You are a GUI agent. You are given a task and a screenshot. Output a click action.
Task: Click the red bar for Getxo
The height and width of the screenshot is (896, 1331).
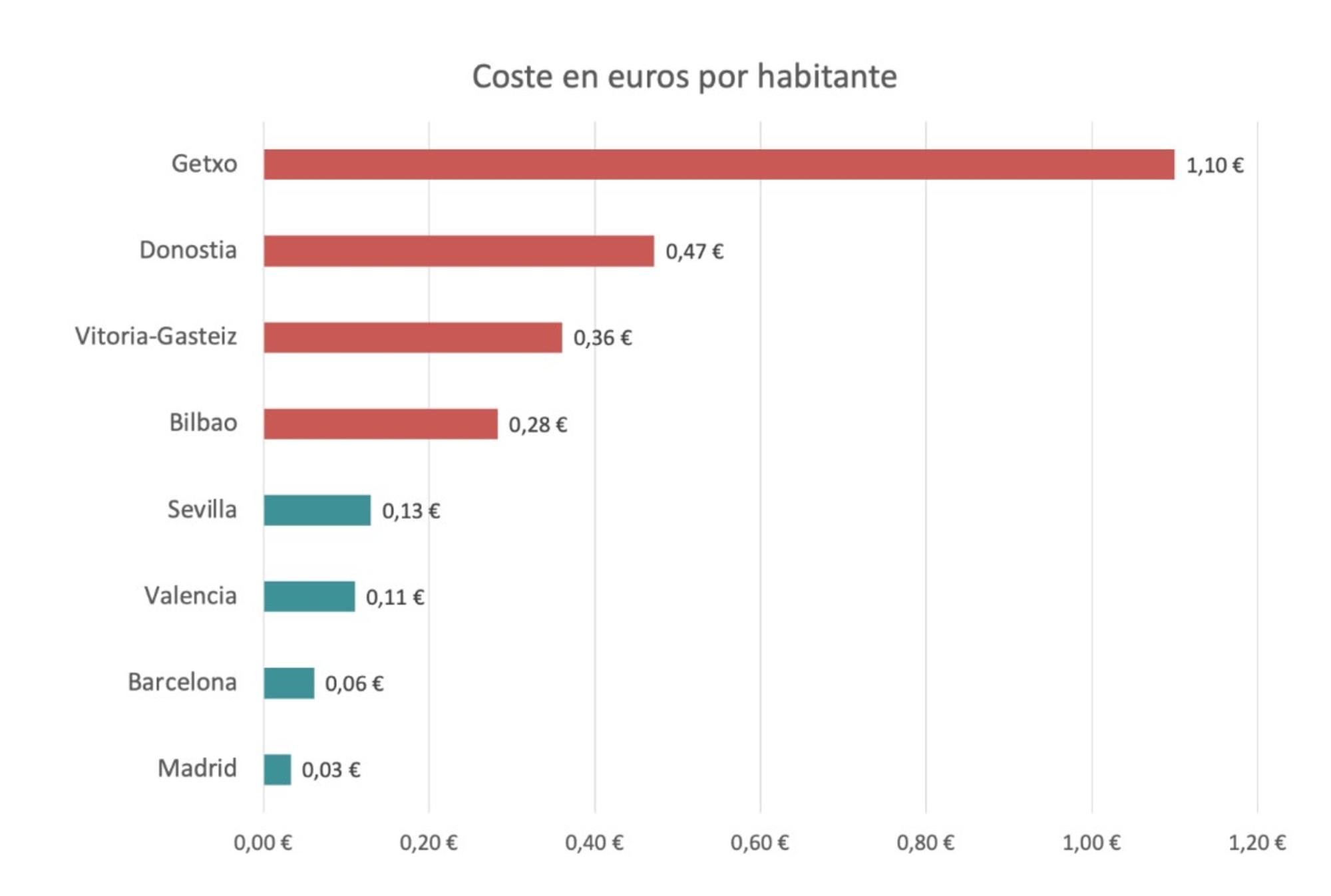tap(719, 164)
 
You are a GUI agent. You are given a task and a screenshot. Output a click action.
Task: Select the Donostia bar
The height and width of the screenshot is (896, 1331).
tap(459, 251)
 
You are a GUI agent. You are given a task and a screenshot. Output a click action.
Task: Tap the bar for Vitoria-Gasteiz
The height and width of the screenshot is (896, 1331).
tap(413, 337)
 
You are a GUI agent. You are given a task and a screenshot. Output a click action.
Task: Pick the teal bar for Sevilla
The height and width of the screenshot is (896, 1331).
tap(317, 510)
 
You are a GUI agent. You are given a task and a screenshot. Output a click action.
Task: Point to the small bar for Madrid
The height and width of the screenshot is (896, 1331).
tap(277, 770)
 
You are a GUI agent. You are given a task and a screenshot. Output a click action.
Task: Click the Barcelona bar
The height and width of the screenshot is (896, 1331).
tap(289, 683)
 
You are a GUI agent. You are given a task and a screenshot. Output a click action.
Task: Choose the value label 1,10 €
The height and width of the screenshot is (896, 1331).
tap(1215, 165)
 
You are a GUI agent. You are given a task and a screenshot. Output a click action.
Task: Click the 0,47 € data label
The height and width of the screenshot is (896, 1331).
tap(694, 251)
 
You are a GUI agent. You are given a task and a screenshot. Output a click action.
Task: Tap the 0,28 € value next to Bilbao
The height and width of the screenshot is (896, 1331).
tap(537, 424)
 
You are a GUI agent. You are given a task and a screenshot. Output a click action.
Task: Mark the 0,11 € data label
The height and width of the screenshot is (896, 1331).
tap(395, 597)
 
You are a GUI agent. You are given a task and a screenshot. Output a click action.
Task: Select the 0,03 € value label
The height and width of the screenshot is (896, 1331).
tap(331, 770)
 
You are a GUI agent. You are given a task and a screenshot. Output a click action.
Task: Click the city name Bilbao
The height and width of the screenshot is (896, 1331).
tap(203, 423)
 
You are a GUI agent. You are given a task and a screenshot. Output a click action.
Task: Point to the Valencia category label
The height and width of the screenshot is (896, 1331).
tap(190, 596)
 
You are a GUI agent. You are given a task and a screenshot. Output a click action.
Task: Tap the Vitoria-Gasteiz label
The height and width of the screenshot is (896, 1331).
tap(156, 337)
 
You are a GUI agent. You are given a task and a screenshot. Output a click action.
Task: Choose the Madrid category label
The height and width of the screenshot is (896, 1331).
tap(197, 769)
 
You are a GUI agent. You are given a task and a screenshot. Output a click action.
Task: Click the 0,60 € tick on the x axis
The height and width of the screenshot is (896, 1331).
tap(759, 843)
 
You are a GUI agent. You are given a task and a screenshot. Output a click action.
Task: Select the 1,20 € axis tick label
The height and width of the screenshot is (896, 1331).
tap(1256, 843)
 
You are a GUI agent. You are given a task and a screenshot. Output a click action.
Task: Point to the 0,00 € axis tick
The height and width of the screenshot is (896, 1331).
tap(263, 843)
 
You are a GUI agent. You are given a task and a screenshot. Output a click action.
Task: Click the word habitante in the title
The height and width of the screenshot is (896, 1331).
tap(827, 76)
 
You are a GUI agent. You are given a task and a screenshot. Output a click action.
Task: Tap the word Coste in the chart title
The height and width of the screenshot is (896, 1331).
tap(512, 76)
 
